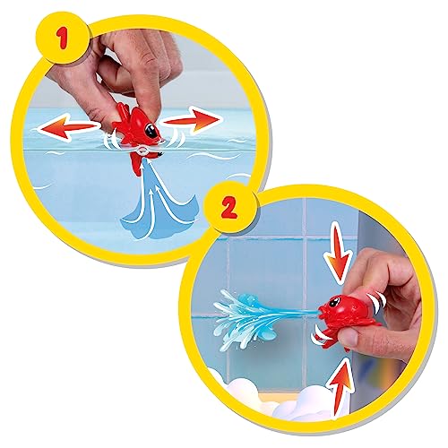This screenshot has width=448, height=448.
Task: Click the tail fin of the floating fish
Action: coord(120,112)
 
